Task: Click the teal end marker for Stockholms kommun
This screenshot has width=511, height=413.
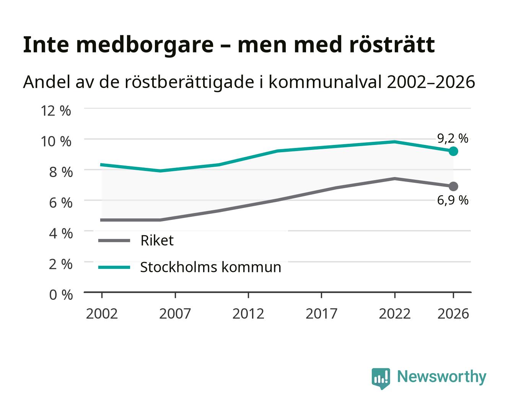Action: click(x=453, y=151)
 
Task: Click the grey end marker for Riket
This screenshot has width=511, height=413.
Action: click(x=453, y=186)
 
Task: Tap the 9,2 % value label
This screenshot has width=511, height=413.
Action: click(x=453, y=138)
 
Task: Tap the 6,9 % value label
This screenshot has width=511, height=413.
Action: click(x=453, y=200)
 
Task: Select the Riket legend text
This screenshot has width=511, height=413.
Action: click(x=157, y=240)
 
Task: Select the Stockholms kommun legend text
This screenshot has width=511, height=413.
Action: click(x=211, y=267)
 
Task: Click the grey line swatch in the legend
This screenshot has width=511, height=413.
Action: click(x=114, y=240)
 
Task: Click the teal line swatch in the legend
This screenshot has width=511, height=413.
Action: click(x=114, y=267)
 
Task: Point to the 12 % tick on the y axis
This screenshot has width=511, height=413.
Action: click(x=56, y=111)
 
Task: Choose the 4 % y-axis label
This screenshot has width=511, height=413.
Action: click(x=61, y=233)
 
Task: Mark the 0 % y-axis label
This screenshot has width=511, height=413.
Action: click(x=61, y=295)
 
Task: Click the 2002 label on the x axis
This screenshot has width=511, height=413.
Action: click(x=102, y=314)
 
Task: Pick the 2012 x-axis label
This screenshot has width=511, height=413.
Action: click(x=248, y=314)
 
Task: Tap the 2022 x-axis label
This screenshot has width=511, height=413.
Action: click(x=395, y=314)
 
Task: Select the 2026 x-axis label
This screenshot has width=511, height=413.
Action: click(x=453, y=314)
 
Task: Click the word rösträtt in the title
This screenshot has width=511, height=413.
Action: click(x=392, y=45)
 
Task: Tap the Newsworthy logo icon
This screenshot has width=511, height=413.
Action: click(x=381, y=379)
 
